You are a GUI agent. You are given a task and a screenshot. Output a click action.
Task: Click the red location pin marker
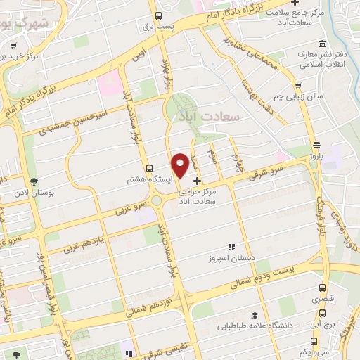click(x=181, y=164)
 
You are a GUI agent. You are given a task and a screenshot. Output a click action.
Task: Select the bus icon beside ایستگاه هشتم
click(x=149, y=168)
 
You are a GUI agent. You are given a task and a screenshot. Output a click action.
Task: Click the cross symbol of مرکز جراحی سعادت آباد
click(x=196, y=181)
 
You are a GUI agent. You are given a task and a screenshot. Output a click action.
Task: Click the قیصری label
click(x=324, y=300)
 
